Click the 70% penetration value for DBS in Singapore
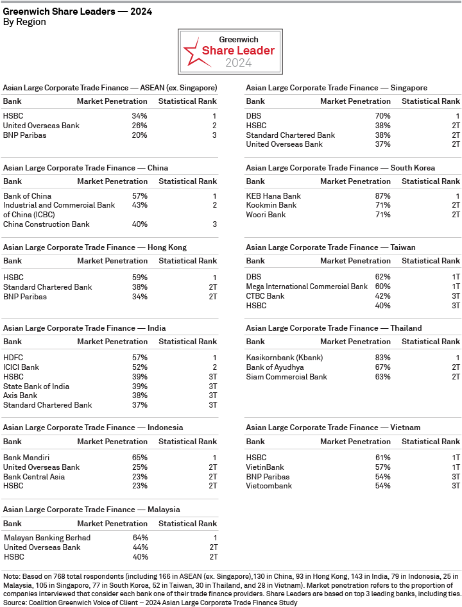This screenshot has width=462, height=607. click(382, 116)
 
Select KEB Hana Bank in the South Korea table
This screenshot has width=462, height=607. click(273, 196)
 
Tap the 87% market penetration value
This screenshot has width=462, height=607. click(382, 196)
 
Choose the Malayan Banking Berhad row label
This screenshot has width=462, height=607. click(47, 538)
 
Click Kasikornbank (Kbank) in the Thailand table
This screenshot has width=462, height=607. click(284, 358)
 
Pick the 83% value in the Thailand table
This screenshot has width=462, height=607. click(382, 358)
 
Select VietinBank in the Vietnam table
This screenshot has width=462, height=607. click(265, 467)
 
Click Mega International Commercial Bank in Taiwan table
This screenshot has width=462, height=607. click(307, 287)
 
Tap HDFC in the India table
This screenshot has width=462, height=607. click(13, 358)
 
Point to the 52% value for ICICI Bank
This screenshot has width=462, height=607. click(139, 367)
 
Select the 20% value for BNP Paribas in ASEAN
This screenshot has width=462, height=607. click(139, 135)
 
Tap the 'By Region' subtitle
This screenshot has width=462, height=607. click(24, 22)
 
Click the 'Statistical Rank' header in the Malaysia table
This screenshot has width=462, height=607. click(187, 524)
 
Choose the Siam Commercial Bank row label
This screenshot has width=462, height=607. click(286, 377)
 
